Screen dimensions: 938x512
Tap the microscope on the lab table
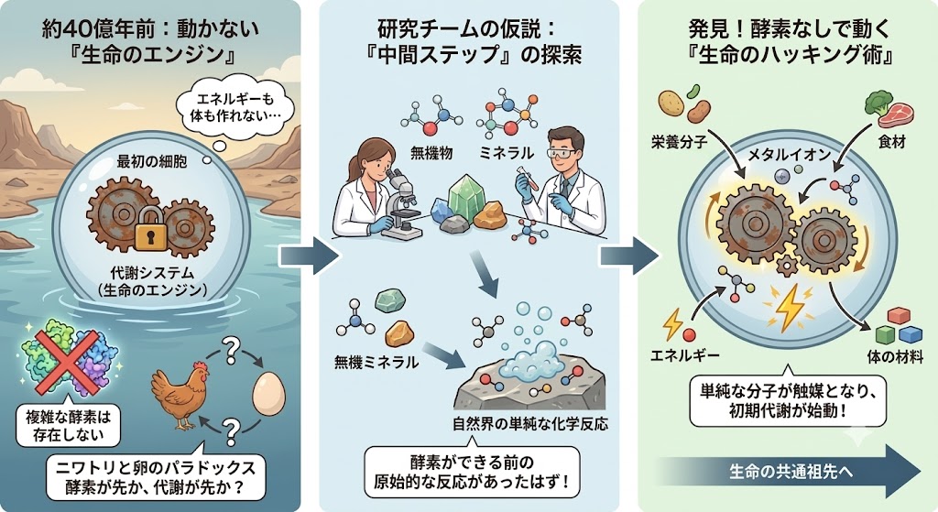pyautogui.click(x=401, y=202)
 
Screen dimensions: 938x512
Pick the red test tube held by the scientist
pyautogui.click(x=527, y=179)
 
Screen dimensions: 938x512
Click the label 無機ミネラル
pyautogui.click(x=376, y=362)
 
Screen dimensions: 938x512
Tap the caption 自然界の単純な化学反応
pyautogui.click(x=530, y=424)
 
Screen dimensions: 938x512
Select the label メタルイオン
pyautogui.click(x=790, y=155)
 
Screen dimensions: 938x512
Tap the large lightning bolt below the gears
pyautogui.click(x=791, y=306)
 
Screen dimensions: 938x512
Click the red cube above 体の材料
pyautogui.click(x=899, y=316)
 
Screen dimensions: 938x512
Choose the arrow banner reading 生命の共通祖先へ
pyautogui.click(x=790, y=472)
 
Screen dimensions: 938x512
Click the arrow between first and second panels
pyautogui.click(x=309, y=256)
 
